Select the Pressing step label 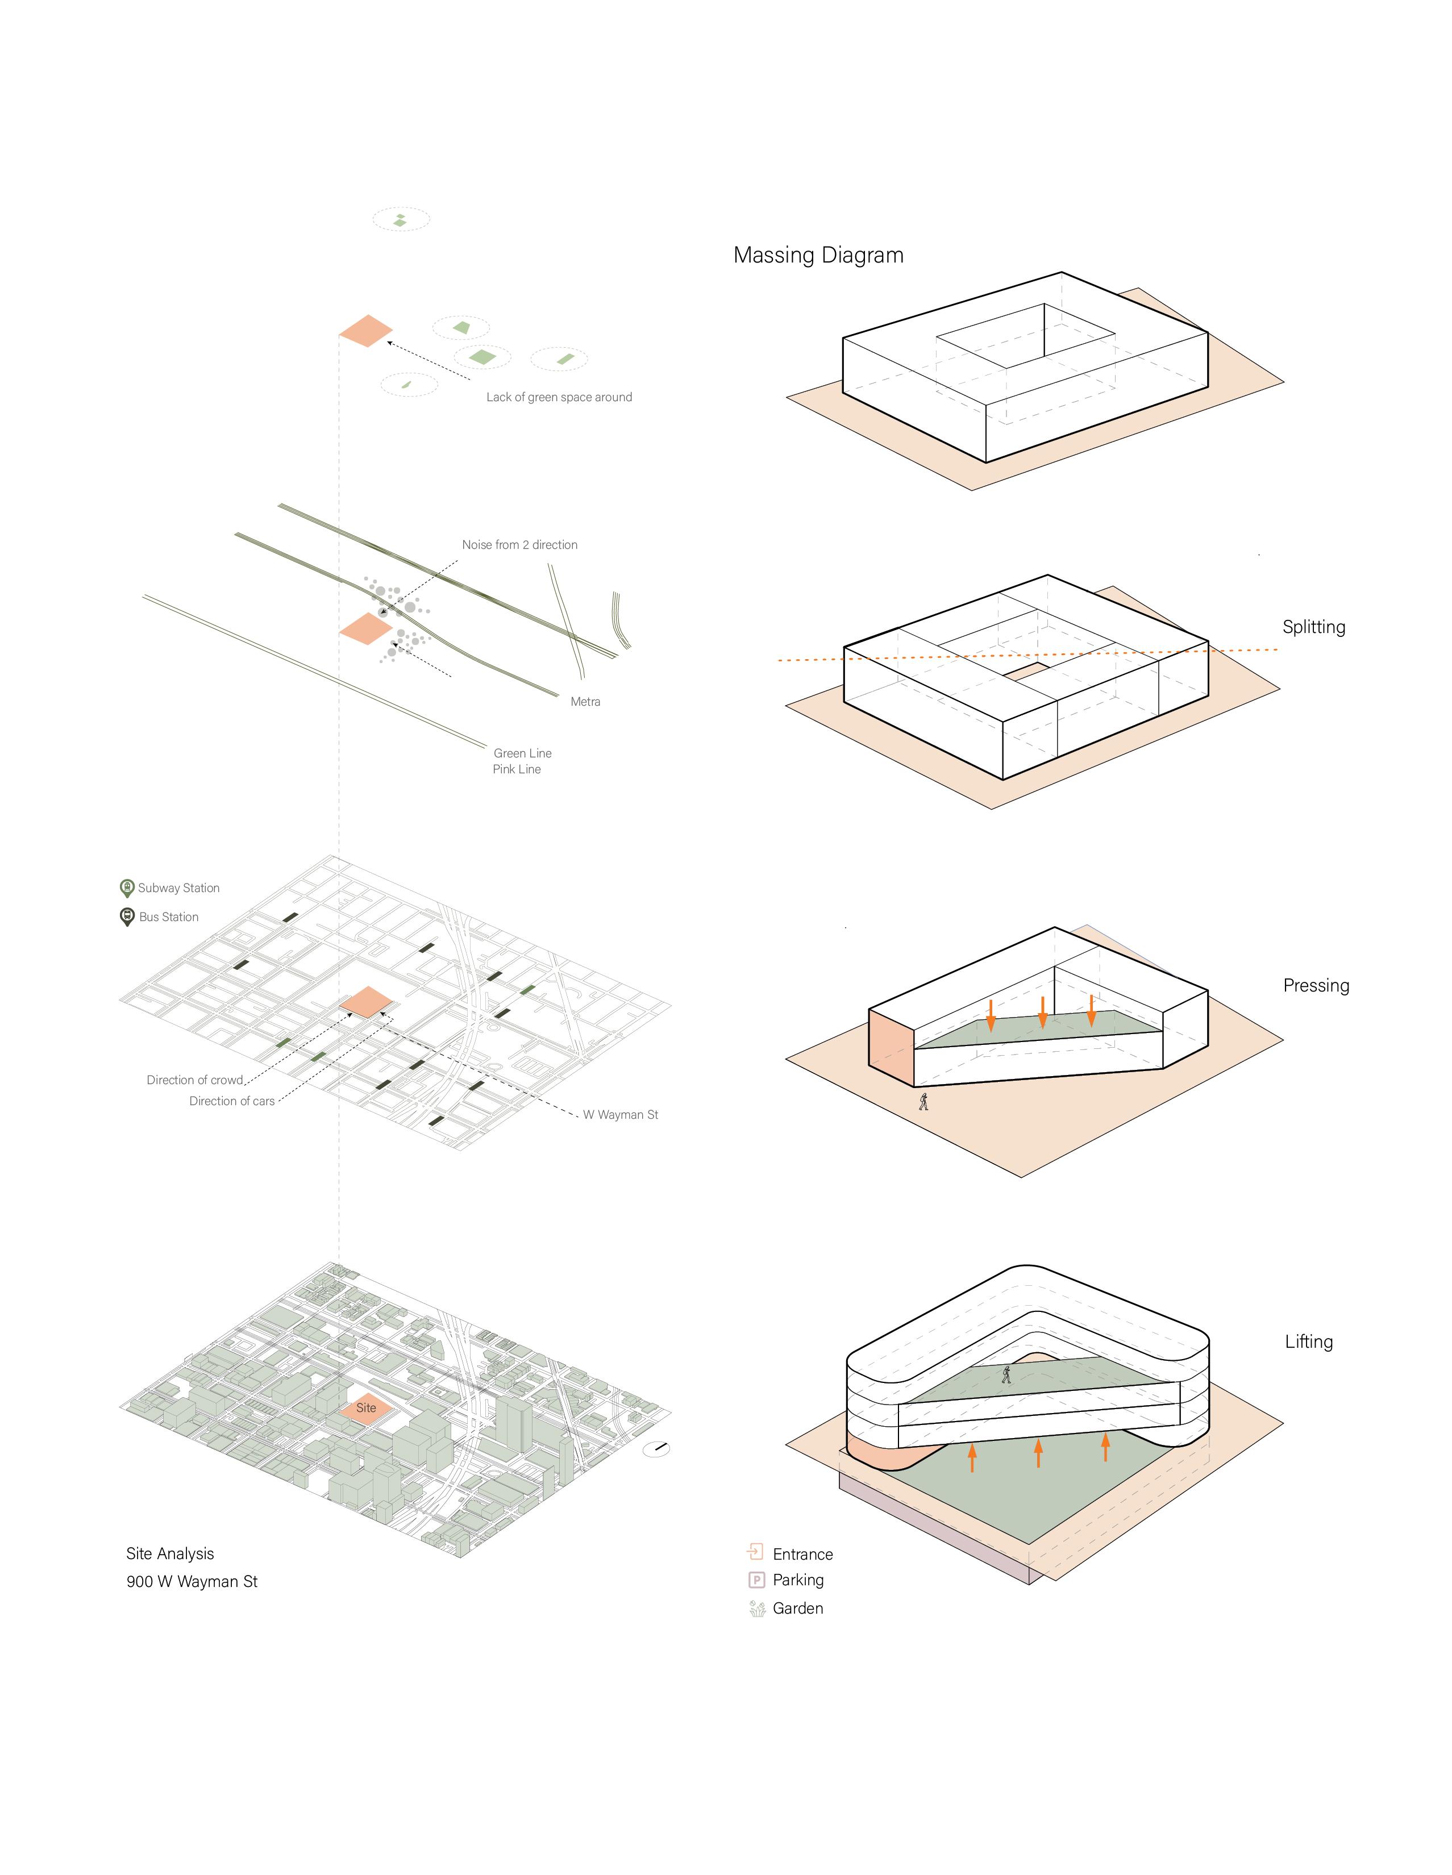(x=1316, y=986)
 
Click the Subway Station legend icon (x=127, y=888)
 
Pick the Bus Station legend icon (x=127, y=917)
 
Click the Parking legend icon (x=756, y=1580)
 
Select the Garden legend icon (x=756, y=1608)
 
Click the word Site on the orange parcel (x=366, y=1407)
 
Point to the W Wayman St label (x=620, y=1114)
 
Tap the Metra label (x=585, y=701)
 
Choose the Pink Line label (x=516, y=769)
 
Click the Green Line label (x=522, y=753)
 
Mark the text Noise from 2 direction (x=519, y=544)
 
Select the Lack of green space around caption (x=559, y=397)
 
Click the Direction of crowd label (x=195, y=1080)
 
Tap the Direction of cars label (x=232, y=1101)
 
